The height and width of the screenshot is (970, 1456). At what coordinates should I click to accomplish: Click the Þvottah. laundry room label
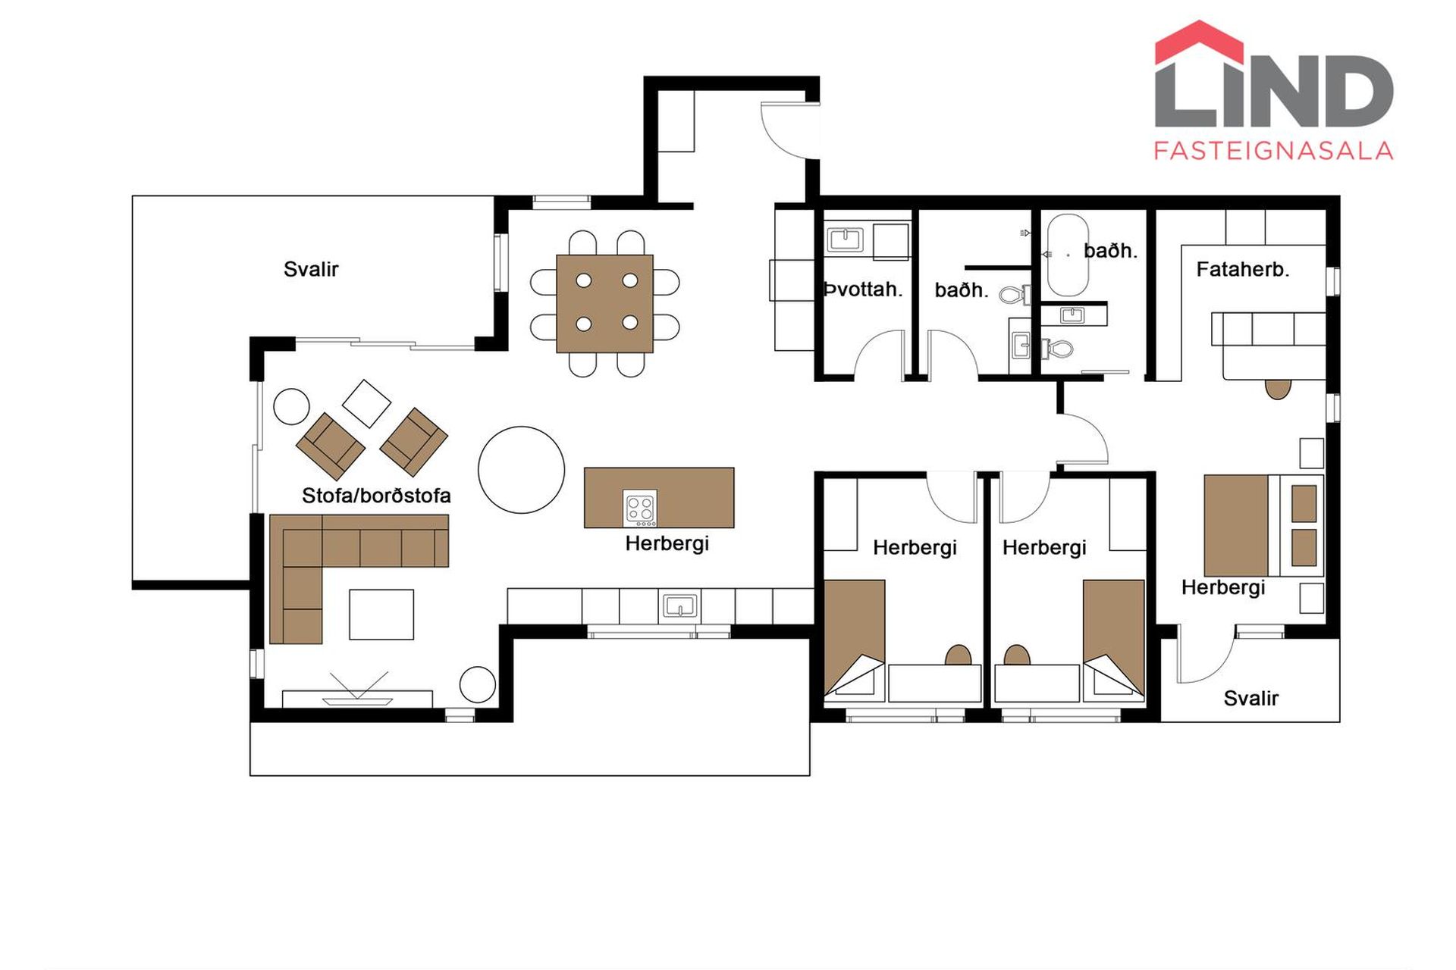[x=863, y=289]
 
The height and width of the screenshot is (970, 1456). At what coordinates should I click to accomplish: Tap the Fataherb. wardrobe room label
[x=1243, y=269]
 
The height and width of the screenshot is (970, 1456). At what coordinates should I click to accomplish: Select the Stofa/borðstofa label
[x=376, y=496]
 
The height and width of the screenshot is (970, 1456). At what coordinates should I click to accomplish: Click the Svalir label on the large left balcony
[x=311, y=269]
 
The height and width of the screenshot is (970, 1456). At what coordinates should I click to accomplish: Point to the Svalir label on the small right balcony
[x=1251, y=698]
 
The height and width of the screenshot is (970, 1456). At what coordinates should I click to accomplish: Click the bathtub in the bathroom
[x=1068, y=255]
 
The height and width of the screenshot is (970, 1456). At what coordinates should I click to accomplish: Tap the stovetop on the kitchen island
[x=640, y=508]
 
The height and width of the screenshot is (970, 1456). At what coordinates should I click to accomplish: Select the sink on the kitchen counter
[x=680, y=605]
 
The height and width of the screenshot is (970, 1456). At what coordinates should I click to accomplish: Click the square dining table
[x=604, y=303]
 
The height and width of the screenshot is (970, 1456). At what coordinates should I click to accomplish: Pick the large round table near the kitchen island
[x=521, y=470]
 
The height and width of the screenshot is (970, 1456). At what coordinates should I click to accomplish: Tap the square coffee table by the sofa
[x=381, y=615]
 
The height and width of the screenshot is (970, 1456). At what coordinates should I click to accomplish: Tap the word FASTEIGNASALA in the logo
[x=1273, y=151]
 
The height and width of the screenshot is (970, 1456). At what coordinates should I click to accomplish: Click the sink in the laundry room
[x=845, y=239]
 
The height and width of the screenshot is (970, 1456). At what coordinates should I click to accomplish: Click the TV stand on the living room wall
[x=357, y=699]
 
